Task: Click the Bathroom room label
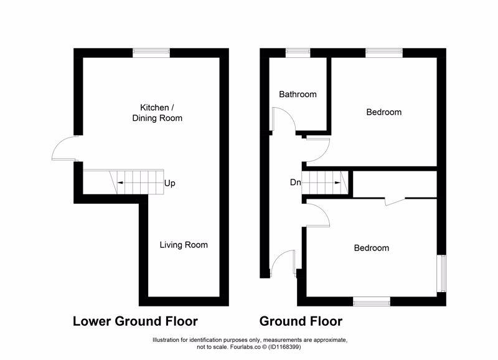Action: [298, 95]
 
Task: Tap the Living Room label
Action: [183, 245]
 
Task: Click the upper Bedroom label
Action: [383, 112]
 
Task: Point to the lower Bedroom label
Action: [372, 248]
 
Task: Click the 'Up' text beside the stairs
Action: [170, 184]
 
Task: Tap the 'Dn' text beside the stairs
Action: [296, 182]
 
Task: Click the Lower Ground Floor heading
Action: [135, 322]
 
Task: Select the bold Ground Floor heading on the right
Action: [301, 322]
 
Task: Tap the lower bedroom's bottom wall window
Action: [372, 301]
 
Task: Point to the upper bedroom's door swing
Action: [317, 148]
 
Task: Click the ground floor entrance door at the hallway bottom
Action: [283, 263]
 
